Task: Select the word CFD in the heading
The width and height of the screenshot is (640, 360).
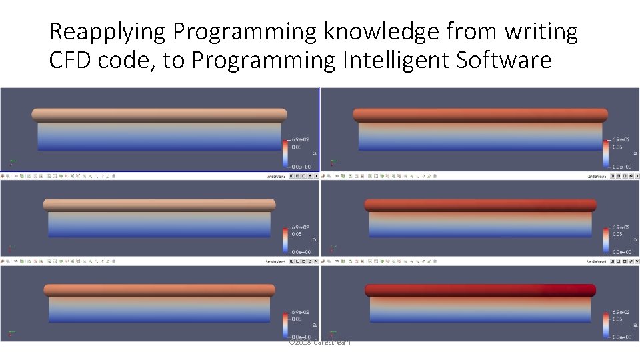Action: (71, 61)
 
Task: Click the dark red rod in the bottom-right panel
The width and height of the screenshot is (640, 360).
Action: (480, 290)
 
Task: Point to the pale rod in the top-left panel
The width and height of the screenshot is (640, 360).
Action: (159, 115)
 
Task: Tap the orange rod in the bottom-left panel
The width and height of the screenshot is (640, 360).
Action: (159, 290)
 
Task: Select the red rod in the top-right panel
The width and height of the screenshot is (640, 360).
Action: (480, 115)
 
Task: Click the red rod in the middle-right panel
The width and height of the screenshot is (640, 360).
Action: (480, 205)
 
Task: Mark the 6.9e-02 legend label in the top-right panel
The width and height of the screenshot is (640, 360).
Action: (621, 140)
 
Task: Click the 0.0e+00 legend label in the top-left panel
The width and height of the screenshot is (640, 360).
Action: (300, 166)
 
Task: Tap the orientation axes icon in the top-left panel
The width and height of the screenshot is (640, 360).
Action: (11, 161)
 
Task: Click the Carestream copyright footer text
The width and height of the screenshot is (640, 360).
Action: (319, 343)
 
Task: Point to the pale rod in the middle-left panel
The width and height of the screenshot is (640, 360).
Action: (159, 205)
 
